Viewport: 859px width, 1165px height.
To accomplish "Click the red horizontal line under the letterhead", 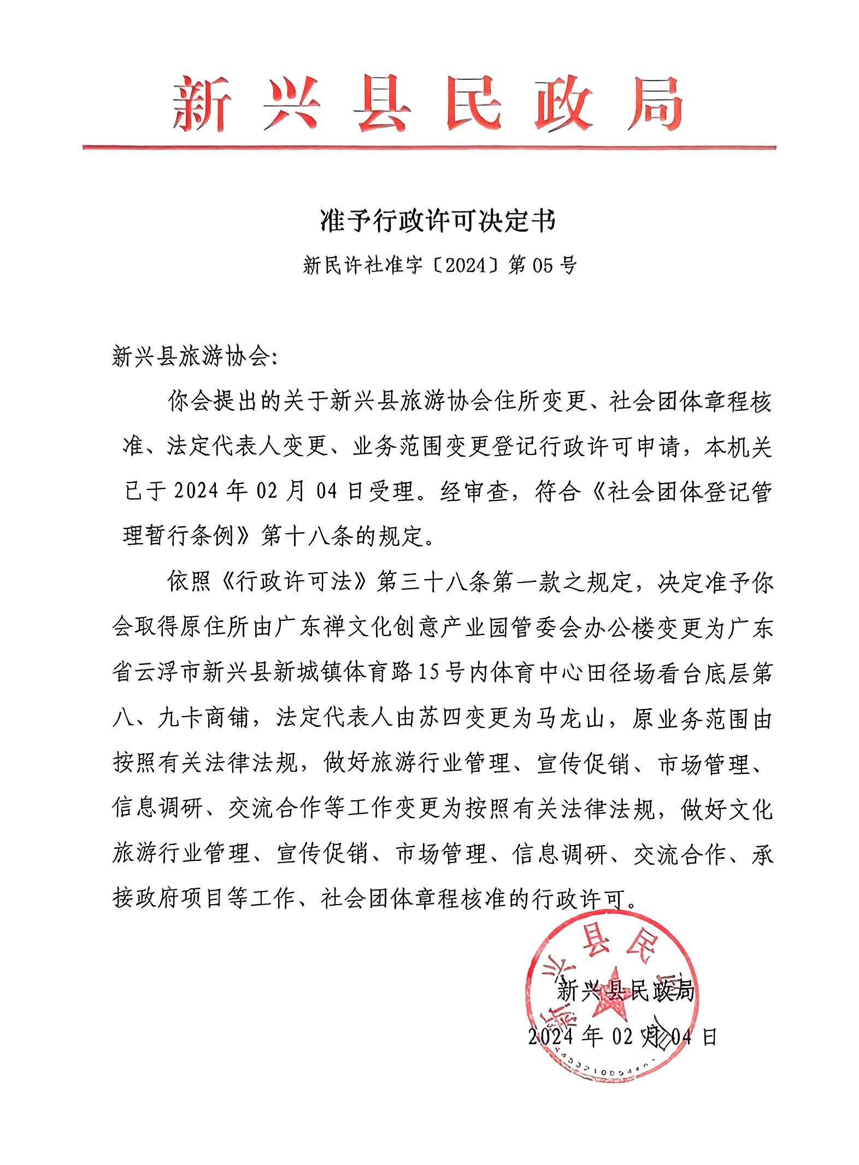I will coord(429,147).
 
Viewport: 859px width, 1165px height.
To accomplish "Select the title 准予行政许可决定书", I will coord(437,222).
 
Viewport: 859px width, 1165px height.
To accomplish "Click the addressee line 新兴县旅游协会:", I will coord(195,358).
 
